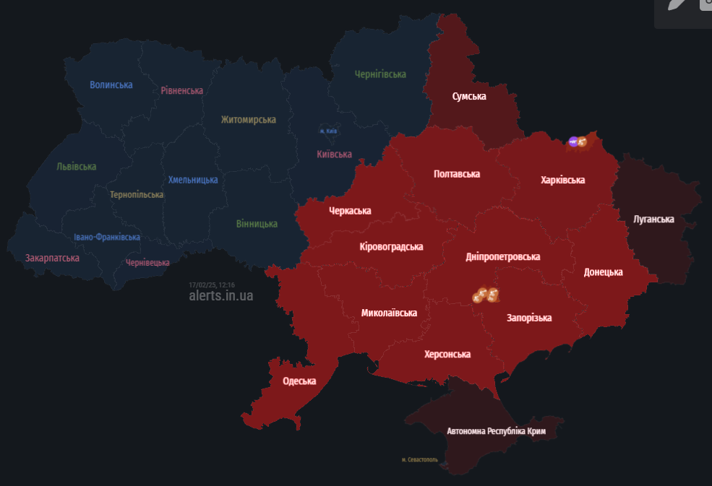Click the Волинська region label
tap(111, 84)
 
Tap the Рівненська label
tap(181, 90)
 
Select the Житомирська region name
tap(249, 119)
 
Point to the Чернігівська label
tap(380, 74)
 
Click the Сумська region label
tap(469, 96)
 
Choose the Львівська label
tap(77, 166)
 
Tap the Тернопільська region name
tap(137, 194)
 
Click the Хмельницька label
tap(193, 180)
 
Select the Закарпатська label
tap(52, 258)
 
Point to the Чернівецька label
tap(147, 263)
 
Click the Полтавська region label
tap(457, 174)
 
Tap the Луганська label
tap(653, 219)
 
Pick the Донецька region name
tap(604, 272)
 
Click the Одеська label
tap(299, 381)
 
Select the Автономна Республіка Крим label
tap(496, 431)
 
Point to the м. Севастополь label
tap(419, 460)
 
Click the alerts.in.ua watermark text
tap(221, 295)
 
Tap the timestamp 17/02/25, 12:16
tap(212, 285)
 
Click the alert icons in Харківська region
tap(579, 142)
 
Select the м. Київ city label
tap(328, 131)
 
